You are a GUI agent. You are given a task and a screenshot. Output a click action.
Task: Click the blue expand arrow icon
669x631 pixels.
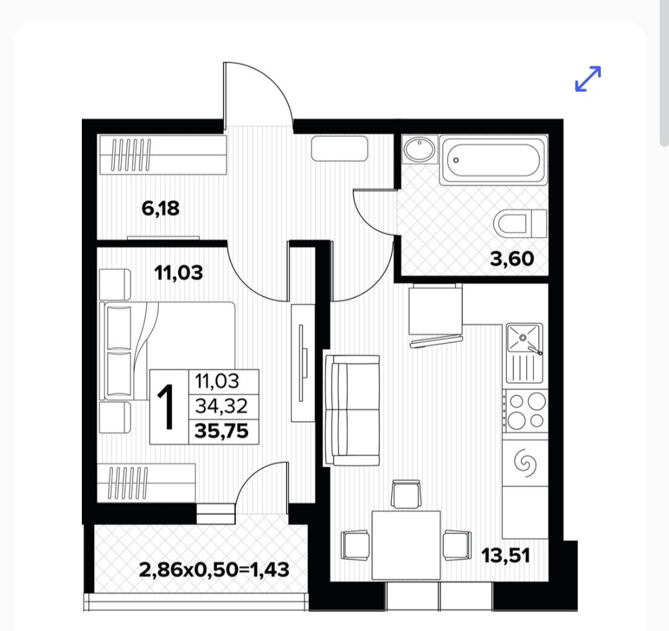pos(588,79)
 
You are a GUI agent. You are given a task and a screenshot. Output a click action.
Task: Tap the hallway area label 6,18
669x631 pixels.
pos(161,208)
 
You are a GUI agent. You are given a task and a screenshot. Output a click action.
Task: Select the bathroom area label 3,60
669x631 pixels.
pos(512,259)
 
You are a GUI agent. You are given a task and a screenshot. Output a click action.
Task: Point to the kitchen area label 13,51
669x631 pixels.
pos(505,555)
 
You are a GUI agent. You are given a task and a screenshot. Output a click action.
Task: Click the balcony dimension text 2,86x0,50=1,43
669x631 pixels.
pos(214,570)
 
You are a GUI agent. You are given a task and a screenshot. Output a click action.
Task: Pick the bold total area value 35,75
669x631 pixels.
pos(221,431)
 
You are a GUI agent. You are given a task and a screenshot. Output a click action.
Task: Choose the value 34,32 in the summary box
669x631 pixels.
pos(221,406)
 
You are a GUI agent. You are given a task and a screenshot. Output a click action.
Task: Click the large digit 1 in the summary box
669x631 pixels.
pos(166,406)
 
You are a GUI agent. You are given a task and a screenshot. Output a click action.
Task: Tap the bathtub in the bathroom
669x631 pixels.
pos(493,160)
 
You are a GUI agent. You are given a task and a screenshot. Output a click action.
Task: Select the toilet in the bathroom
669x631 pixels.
pos(520,223)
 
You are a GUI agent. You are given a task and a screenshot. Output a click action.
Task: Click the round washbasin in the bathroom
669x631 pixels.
pos(419,149)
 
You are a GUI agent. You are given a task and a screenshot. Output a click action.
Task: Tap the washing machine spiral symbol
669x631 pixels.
pos(525,462)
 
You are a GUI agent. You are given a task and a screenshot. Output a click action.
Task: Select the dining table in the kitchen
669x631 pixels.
pos(405,545)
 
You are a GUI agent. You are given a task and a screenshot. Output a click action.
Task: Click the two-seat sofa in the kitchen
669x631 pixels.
pos(352,411)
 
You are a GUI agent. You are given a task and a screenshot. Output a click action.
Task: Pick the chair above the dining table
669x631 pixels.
pos(405,494)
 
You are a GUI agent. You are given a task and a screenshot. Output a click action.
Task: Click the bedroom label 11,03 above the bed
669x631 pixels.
pos(179,272)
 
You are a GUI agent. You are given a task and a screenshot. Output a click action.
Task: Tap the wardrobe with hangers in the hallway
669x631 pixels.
pos(162,154)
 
